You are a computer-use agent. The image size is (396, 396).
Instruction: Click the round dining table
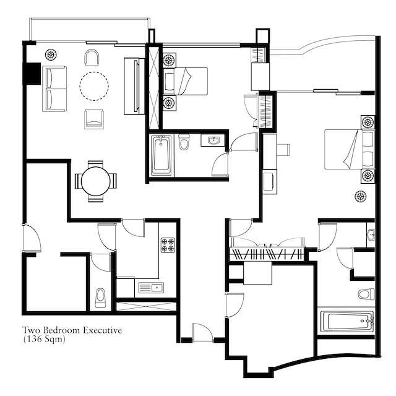96,181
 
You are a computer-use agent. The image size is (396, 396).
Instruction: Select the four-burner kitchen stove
168,245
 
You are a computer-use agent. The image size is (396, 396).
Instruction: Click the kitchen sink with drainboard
151,287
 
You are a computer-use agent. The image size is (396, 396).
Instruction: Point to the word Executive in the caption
103,330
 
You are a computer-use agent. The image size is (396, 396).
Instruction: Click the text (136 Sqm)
44,339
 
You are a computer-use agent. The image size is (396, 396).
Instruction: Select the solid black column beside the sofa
32,74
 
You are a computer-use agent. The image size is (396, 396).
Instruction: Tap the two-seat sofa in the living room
54,88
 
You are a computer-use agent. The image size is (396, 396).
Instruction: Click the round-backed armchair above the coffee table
92,58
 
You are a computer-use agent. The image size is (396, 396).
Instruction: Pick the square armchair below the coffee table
94,119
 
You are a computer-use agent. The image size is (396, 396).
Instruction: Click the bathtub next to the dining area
161,155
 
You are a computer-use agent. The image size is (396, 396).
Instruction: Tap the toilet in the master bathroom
366,294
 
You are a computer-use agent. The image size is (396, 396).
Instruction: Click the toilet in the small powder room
100,298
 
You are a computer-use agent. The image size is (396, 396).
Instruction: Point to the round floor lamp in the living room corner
51,54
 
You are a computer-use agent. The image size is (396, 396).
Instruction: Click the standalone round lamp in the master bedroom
360,196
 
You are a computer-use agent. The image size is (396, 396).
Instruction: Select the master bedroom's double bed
349,149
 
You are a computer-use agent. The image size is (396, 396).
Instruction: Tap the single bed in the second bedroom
186,81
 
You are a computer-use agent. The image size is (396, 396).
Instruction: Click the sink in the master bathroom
371,235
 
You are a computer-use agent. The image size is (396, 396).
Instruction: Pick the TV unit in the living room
134,87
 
